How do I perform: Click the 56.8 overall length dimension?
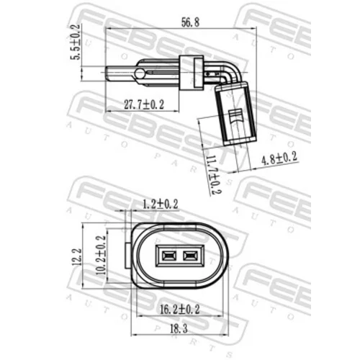click(x=190, y=22)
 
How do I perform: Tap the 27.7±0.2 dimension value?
click(x=144, y=105)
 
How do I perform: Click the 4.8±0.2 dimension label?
click(x=279, y=158)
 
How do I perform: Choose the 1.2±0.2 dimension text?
click(x=161, y=204)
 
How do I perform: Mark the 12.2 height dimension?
click(x=76, y=256)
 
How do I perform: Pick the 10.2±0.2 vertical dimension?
click(x=101, y=255)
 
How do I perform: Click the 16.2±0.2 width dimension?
click(x=180, y=310)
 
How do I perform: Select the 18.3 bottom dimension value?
click(x=179, y=328)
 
